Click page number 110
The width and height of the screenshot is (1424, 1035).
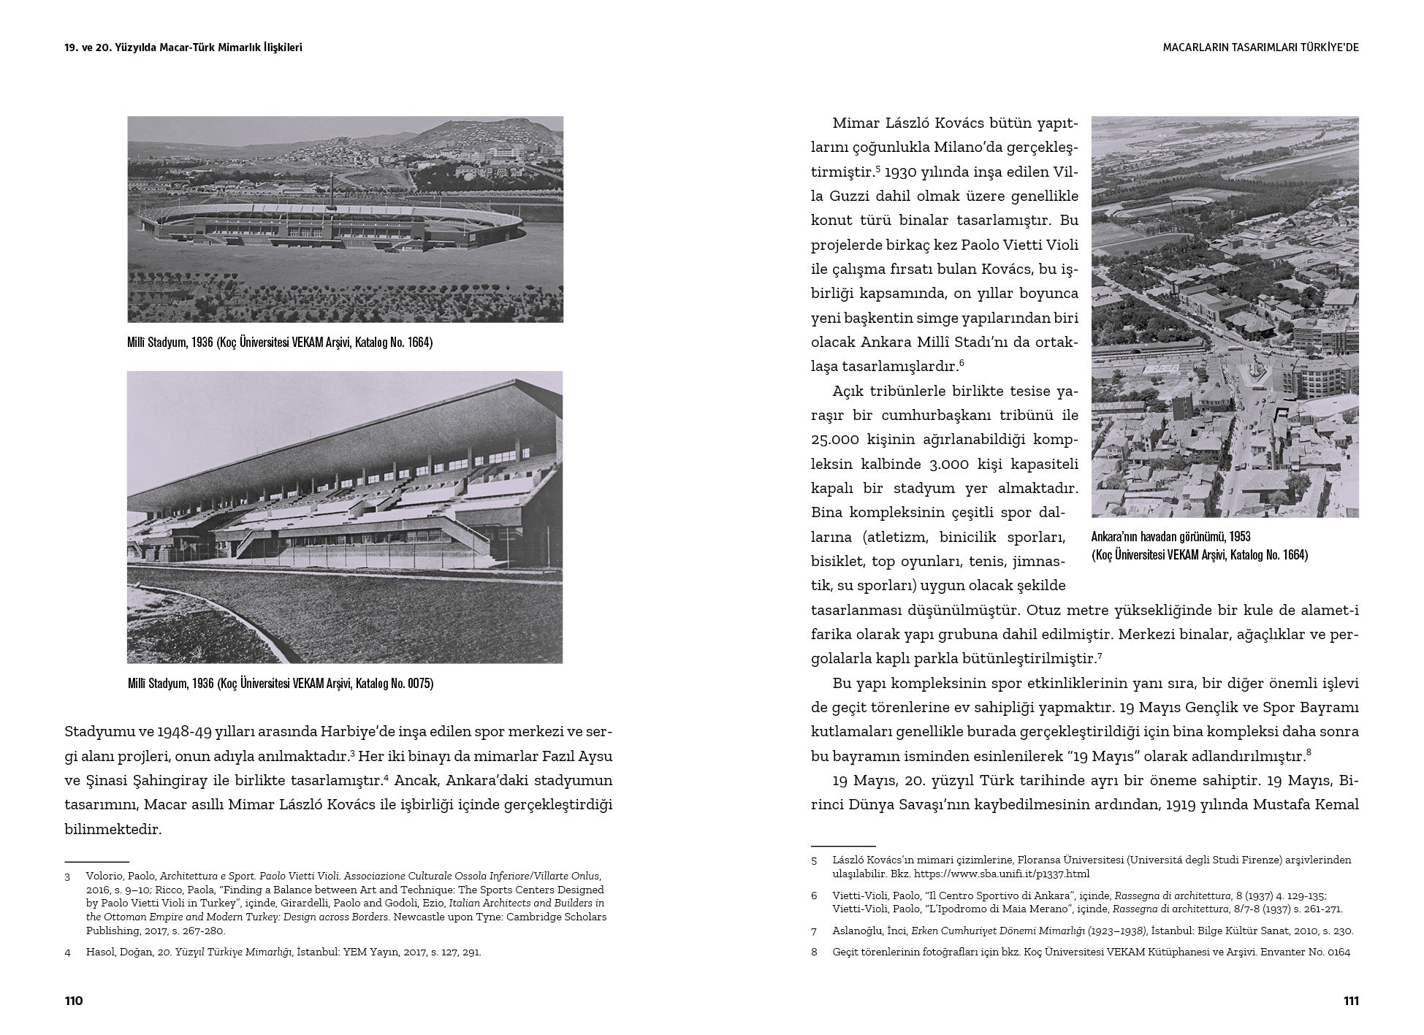point(75,1001)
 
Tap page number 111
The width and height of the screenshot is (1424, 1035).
point(1350,1001)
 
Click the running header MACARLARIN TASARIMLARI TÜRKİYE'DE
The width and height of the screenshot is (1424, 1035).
point(1260,47)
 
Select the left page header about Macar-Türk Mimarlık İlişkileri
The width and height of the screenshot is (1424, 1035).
point(183,47)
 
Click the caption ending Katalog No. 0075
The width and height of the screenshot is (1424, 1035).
point(280,684)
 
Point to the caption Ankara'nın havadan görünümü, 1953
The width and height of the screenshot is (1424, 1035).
point(1170,537)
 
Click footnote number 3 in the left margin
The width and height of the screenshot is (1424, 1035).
point(67,876)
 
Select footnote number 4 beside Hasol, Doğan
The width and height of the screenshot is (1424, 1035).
point(67,952)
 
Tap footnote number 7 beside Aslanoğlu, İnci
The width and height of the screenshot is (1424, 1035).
point(814,931)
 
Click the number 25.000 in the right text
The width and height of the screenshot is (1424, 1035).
point(837,440)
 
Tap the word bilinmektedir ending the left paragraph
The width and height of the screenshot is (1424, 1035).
point(112,830)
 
